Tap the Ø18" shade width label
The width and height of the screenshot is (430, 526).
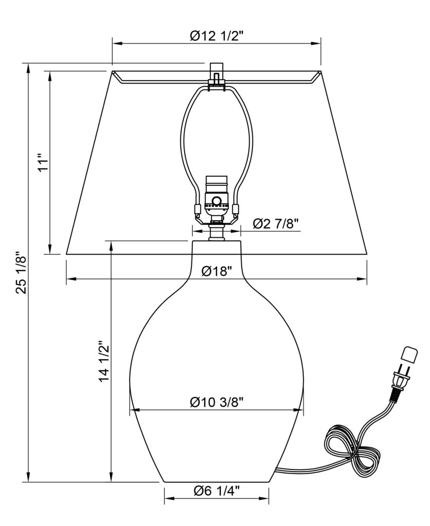click(217, 271)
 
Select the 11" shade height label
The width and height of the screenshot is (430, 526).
click(44, 163)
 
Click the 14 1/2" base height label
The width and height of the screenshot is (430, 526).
click(104, 362)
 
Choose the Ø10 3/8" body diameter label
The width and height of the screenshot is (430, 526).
click(217, 402)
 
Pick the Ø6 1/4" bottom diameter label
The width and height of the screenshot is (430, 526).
click(217, 491)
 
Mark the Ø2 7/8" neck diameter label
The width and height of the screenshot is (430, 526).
click(276, 223)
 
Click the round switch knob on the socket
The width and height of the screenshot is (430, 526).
click(217, 201)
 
